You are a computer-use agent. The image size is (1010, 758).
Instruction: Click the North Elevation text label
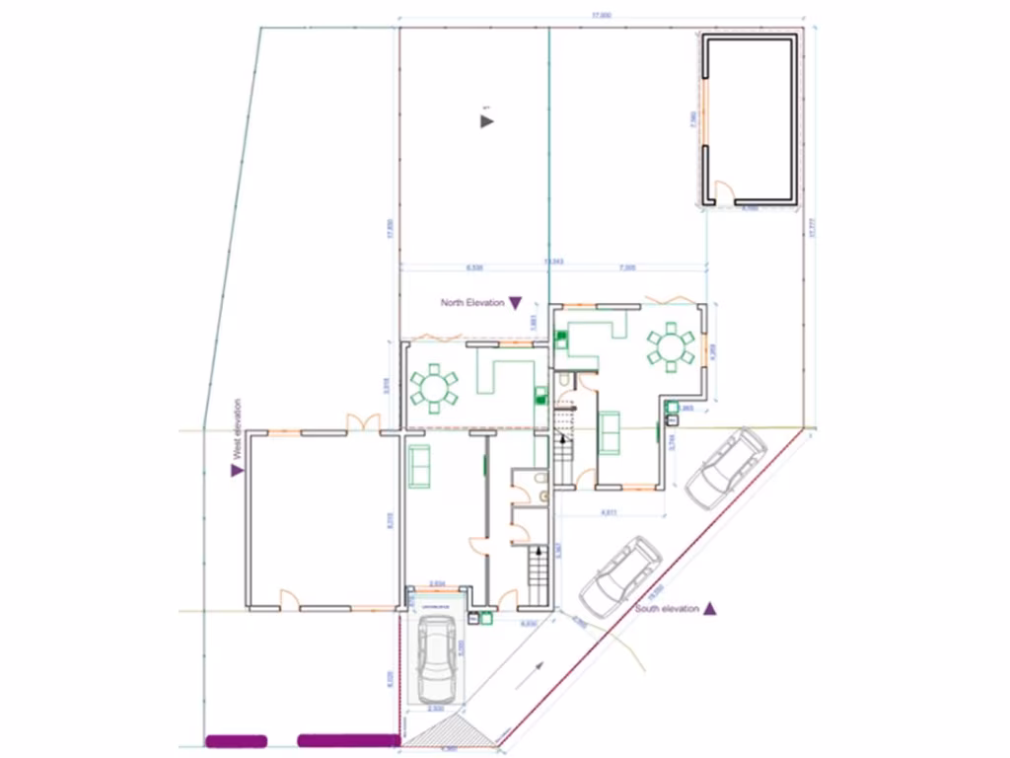[x=472, y=303]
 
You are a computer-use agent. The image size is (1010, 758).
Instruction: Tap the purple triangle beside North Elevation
[x=515, y=303]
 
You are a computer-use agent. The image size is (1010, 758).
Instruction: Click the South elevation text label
[x=667, y=609]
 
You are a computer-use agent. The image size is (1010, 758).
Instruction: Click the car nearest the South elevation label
[x=620, y=573]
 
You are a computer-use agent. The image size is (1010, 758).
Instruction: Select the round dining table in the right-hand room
[x=671, y=346]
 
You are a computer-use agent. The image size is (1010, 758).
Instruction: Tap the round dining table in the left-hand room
[x=434, y=388]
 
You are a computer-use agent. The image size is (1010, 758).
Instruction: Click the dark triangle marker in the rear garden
[x=486, y=120]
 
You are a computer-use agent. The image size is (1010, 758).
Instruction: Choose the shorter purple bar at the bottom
[x=236, y=740]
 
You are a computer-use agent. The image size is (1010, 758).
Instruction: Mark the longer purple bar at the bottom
[x=348, y=740]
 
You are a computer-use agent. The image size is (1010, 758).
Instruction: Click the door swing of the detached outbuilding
[x=723, y=192]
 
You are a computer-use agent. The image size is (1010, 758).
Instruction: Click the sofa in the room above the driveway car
[x=419, y=465]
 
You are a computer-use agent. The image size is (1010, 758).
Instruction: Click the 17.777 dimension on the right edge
[x=814, y=227]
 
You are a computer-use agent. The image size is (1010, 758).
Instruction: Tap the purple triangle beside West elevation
[x=237, y=471]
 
